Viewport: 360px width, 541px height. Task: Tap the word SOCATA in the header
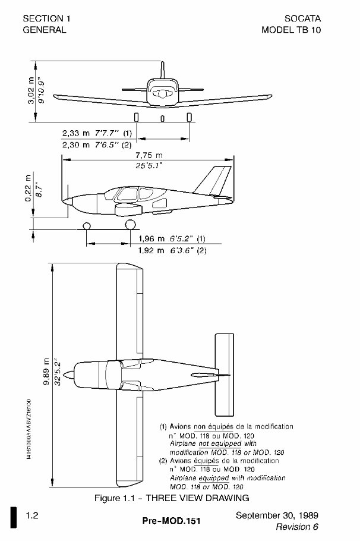pos(299,18)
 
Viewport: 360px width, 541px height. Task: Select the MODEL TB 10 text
pos(291,30)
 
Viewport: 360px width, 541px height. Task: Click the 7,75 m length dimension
pos(149,155)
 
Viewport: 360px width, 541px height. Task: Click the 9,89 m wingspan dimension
pos(46,379)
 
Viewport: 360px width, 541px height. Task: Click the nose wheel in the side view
pos(87,225)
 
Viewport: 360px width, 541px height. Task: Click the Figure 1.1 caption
pos(172,498)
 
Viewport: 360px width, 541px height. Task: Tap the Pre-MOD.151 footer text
pos(172,521)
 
